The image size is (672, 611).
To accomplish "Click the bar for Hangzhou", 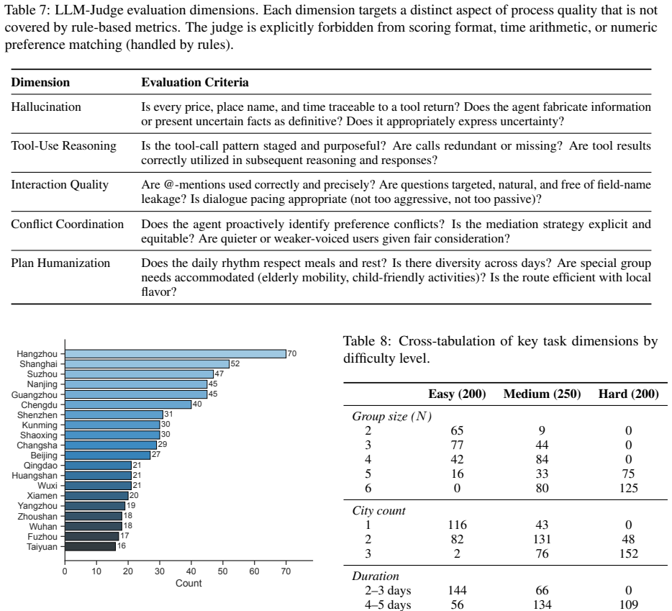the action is (x=176, y=354).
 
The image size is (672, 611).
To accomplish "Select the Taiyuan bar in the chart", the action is (x=91, y=547).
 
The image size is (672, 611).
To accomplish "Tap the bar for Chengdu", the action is (x=128, y=404).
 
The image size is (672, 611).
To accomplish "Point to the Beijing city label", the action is (x=44, y=456).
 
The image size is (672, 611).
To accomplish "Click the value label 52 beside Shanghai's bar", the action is (x=235, y=363).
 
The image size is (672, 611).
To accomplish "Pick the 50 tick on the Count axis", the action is (x=222, y=571).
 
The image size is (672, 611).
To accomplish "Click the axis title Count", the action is (x=189, y=583).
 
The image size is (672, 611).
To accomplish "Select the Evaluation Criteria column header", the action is (x=195, y=82).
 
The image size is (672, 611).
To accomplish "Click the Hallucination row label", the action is (x=46, y=107).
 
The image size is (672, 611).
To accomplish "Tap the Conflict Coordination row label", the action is (x=68, y=225).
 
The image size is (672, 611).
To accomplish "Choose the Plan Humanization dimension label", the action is (x=60, y=263).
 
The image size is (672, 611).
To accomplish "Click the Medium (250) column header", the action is (x=542, y=394).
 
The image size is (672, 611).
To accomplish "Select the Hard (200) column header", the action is (x=629, y=394).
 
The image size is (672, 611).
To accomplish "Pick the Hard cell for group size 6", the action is (x=629, y=489).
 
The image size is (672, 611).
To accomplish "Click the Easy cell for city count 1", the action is (x=458, y=525).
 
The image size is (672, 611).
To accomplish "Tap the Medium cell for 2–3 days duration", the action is (x=542, y=590).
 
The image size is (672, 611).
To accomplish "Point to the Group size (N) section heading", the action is (x=392, y=417).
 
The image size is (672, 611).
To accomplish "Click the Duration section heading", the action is (x=376, y=576).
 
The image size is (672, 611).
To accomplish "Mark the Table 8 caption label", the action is (x=367, y=341).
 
